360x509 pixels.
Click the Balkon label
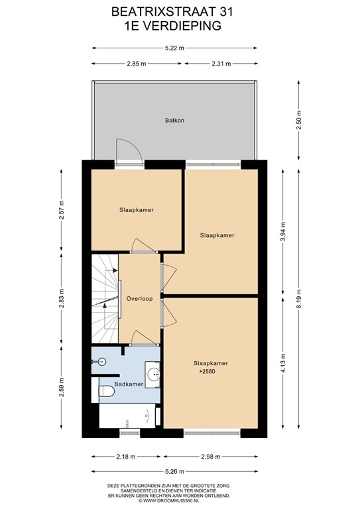[174, 121]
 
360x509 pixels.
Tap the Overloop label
[140, 299]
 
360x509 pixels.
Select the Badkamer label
[129, 384]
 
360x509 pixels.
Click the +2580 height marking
[207, 371]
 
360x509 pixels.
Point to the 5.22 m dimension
[174, 48]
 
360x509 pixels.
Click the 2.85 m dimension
[137, 64]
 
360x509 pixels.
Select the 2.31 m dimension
[221, 64]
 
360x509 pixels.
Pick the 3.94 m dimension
[283, 232]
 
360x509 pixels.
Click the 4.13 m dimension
[283, 363]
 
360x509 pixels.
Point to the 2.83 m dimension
[62, 298]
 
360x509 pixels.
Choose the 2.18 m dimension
[126, 457]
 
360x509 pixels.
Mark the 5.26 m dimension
[174, 471]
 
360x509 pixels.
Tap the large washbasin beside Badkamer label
[152, 374]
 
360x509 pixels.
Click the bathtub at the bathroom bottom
[127, 416]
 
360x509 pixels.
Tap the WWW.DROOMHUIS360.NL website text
[168, 501]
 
